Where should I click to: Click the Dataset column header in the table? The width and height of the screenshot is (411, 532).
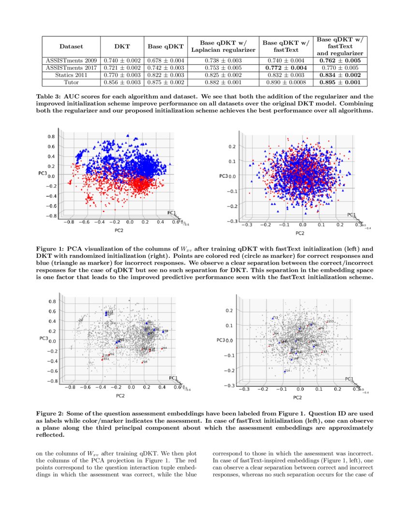pos(71,46)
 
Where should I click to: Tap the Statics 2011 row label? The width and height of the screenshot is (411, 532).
pos(71,75)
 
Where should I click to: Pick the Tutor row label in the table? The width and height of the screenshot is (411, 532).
pos(71,83)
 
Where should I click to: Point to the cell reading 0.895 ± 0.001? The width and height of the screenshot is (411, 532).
pos(340,83)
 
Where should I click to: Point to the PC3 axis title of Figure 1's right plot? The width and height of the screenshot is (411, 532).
pos(223,176)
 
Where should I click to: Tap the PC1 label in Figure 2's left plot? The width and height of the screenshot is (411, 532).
pos(173,378)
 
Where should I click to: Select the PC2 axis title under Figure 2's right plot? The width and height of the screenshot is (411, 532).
pos(297,398)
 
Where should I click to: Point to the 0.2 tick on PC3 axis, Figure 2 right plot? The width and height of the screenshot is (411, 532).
pos(231,310)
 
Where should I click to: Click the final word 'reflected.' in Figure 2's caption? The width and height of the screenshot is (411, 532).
pos(50,434)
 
